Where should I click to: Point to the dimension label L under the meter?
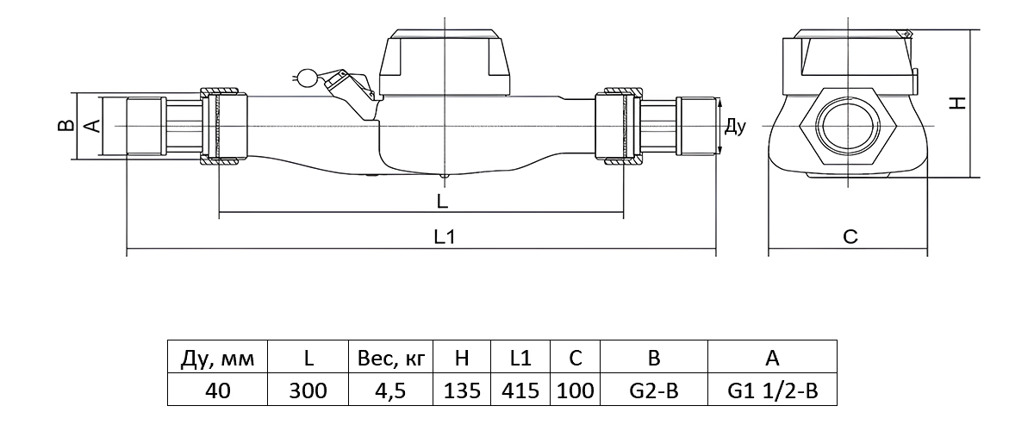click(x=442, y=203)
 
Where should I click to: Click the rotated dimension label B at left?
click(x=65, y=126)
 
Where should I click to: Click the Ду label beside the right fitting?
click(x=734, y=127)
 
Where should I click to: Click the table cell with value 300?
click(x=308, y=390)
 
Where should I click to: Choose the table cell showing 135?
click(x=461, y=390)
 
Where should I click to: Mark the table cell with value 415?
click(x=520, y=390)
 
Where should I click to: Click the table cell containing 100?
click(x=575, y=390)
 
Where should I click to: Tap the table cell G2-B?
click(x=653, y=390)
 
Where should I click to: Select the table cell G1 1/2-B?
click(x=772, y=390)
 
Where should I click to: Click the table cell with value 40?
click(x=217, y=390)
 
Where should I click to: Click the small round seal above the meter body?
click(x=303, y=78)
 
